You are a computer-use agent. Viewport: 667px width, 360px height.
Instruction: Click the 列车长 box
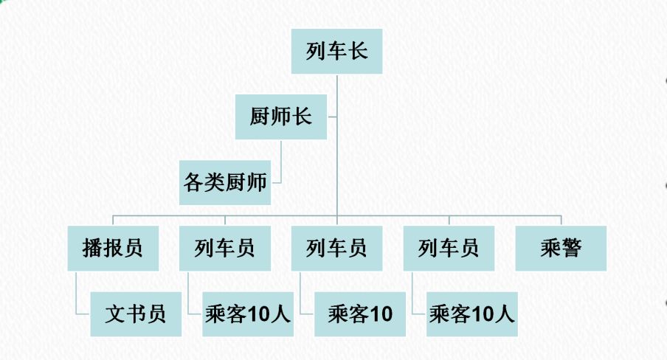pyautogui.click(x=336, y=52)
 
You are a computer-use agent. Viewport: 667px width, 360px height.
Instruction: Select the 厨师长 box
pyautogui.click(x=280, y=117)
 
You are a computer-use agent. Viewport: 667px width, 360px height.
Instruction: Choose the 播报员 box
pyautogui.click(x=112, y=248)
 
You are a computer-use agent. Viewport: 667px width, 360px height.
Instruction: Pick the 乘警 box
pyautogui.click(x=561, y=248)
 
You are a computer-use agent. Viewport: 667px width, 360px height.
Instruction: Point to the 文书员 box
pyautogui.click(x=136, y=314)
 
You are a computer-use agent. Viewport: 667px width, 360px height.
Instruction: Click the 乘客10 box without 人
pyautogui.click(x=360, y=314)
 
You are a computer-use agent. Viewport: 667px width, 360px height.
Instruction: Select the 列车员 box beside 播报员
pyautogui.click(x=224, y=248)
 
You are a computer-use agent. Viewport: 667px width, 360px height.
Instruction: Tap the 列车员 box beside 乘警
pyautogui.click(x=449, y=248)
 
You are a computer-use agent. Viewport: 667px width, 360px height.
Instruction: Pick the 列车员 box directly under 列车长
pyautogui.click(x=336, y=248)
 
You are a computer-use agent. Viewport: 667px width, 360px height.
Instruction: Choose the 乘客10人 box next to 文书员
pyautogui.click(x=248, y=314)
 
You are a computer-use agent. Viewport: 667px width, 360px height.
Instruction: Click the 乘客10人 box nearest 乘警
pyautogui.click(x=472, y=314)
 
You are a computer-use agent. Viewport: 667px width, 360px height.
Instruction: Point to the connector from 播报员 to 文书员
pyautogui.click(x=77, y=295)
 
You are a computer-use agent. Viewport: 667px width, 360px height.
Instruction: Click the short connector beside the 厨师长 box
pyautogui.click(x=332, y=117)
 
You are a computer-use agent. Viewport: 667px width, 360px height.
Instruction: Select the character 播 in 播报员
pyautogui.click(x=92, y=248)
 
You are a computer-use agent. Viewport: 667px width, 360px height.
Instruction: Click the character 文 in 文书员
pyautogui.click(x=116, y=314)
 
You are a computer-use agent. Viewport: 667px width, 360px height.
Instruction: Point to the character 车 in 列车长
pyautogui.click(x=336, y=52)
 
